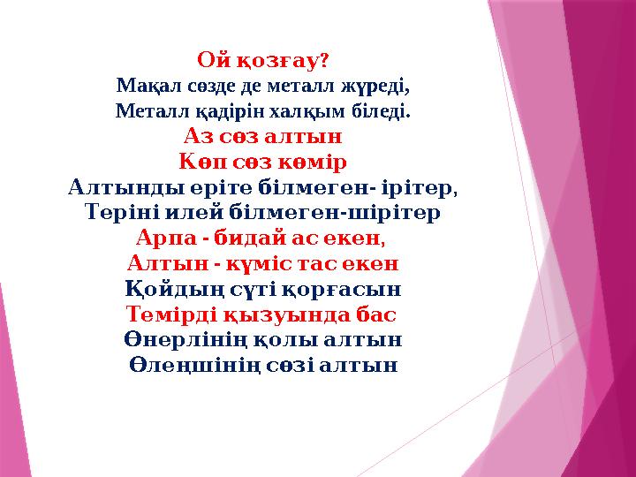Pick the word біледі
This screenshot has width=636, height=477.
coord(383,112)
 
